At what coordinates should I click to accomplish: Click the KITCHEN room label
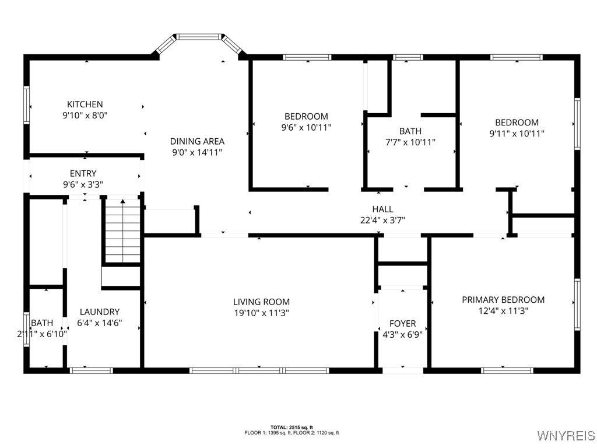85,104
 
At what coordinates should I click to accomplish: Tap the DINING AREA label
197,141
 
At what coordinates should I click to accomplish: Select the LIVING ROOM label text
262,302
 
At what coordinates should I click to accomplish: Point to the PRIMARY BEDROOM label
503,300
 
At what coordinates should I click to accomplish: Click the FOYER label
402,324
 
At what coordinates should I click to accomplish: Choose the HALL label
382,209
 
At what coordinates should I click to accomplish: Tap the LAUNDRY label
100,312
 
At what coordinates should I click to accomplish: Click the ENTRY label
83,174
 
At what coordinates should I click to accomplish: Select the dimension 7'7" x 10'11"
410,142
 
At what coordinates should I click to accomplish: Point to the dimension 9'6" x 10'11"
306,128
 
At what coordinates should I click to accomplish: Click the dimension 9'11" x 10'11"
517,134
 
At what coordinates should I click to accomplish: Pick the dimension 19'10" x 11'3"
262,313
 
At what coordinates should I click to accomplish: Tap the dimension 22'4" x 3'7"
382,220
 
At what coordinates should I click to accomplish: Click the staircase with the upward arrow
122,230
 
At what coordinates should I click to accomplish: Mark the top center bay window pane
199,37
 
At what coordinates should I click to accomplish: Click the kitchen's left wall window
27,105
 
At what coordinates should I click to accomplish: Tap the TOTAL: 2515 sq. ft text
292,428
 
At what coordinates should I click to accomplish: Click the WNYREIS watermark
566,435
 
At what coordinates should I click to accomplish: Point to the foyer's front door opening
403,370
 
